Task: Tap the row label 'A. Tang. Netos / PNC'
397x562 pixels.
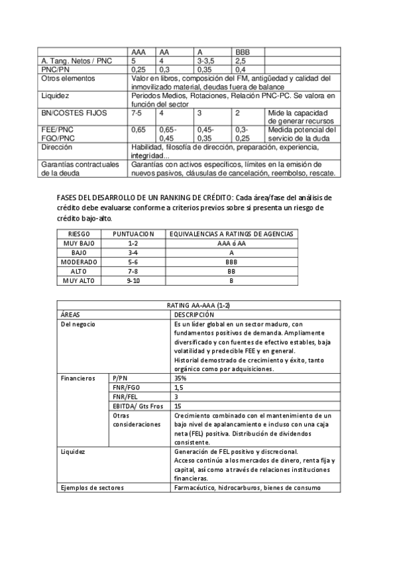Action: coord(77,60)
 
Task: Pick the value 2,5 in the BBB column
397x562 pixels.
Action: coord(240,60)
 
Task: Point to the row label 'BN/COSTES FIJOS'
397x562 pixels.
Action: coord(69,113)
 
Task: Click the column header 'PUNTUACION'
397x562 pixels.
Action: coord(133,234)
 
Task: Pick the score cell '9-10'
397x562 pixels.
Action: coord(133,280)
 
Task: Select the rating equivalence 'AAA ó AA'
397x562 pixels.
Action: coord(231,243)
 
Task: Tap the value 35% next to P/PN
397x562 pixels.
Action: coord(181,377)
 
